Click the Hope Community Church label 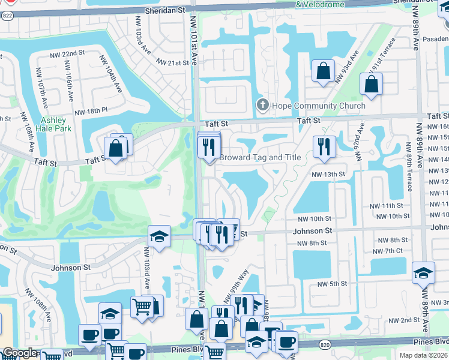tap(318, 106)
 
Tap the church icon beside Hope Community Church tap(262, 106)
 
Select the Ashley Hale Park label tap(53, 124)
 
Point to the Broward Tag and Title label tap(260, 158)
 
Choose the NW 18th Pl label tap(91, 111)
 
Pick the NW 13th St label tap(328, 174)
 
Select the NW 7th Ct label tap(391, 250)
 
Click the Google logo tap(19, 353)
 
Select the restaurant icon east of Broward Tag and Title tap(324, 146)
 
